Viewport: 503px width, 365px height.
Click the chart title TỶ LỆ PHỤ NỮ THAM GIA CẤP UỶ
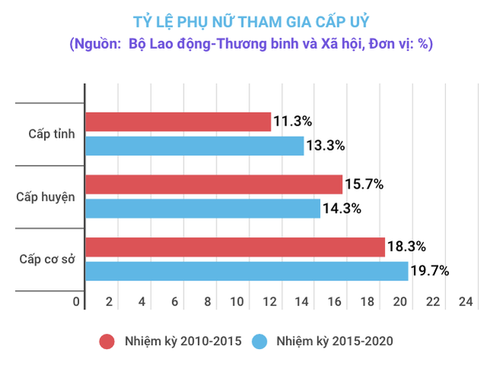coord(251,19)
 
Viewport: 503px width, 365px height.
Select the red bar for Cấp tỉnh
coord(178,122)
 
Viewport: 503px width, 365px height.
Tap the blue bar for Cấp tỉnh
coord(194,146)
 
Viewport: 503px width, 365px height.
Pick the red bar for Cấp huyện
coord(214,184)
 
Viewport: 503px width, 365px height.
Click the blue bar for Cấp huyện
coord(203,208)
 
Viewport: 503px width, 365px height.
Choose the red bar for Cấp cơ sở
coord(235,246)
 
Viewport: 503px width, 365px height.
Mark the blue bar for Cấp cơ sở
coord(247,271)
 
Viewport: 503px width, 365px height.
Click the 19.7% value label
coord(431,271)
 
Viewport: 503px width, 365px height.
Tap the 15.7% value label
coord(364,184)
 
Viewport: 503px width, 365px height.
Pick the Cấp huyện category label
coord(46,197)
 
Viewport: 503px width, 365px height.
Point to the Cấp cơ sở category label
coord(46,259)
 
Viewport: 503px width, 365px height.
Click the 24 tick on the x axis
coord(466,303)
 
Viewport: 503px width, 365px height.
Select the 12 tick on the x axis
coord(271,303)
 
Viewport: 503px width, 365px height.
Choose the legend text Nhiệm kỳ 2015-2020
coord(336,340)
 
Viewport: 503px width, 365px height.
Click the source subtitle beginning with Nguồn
coord(251,44)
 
